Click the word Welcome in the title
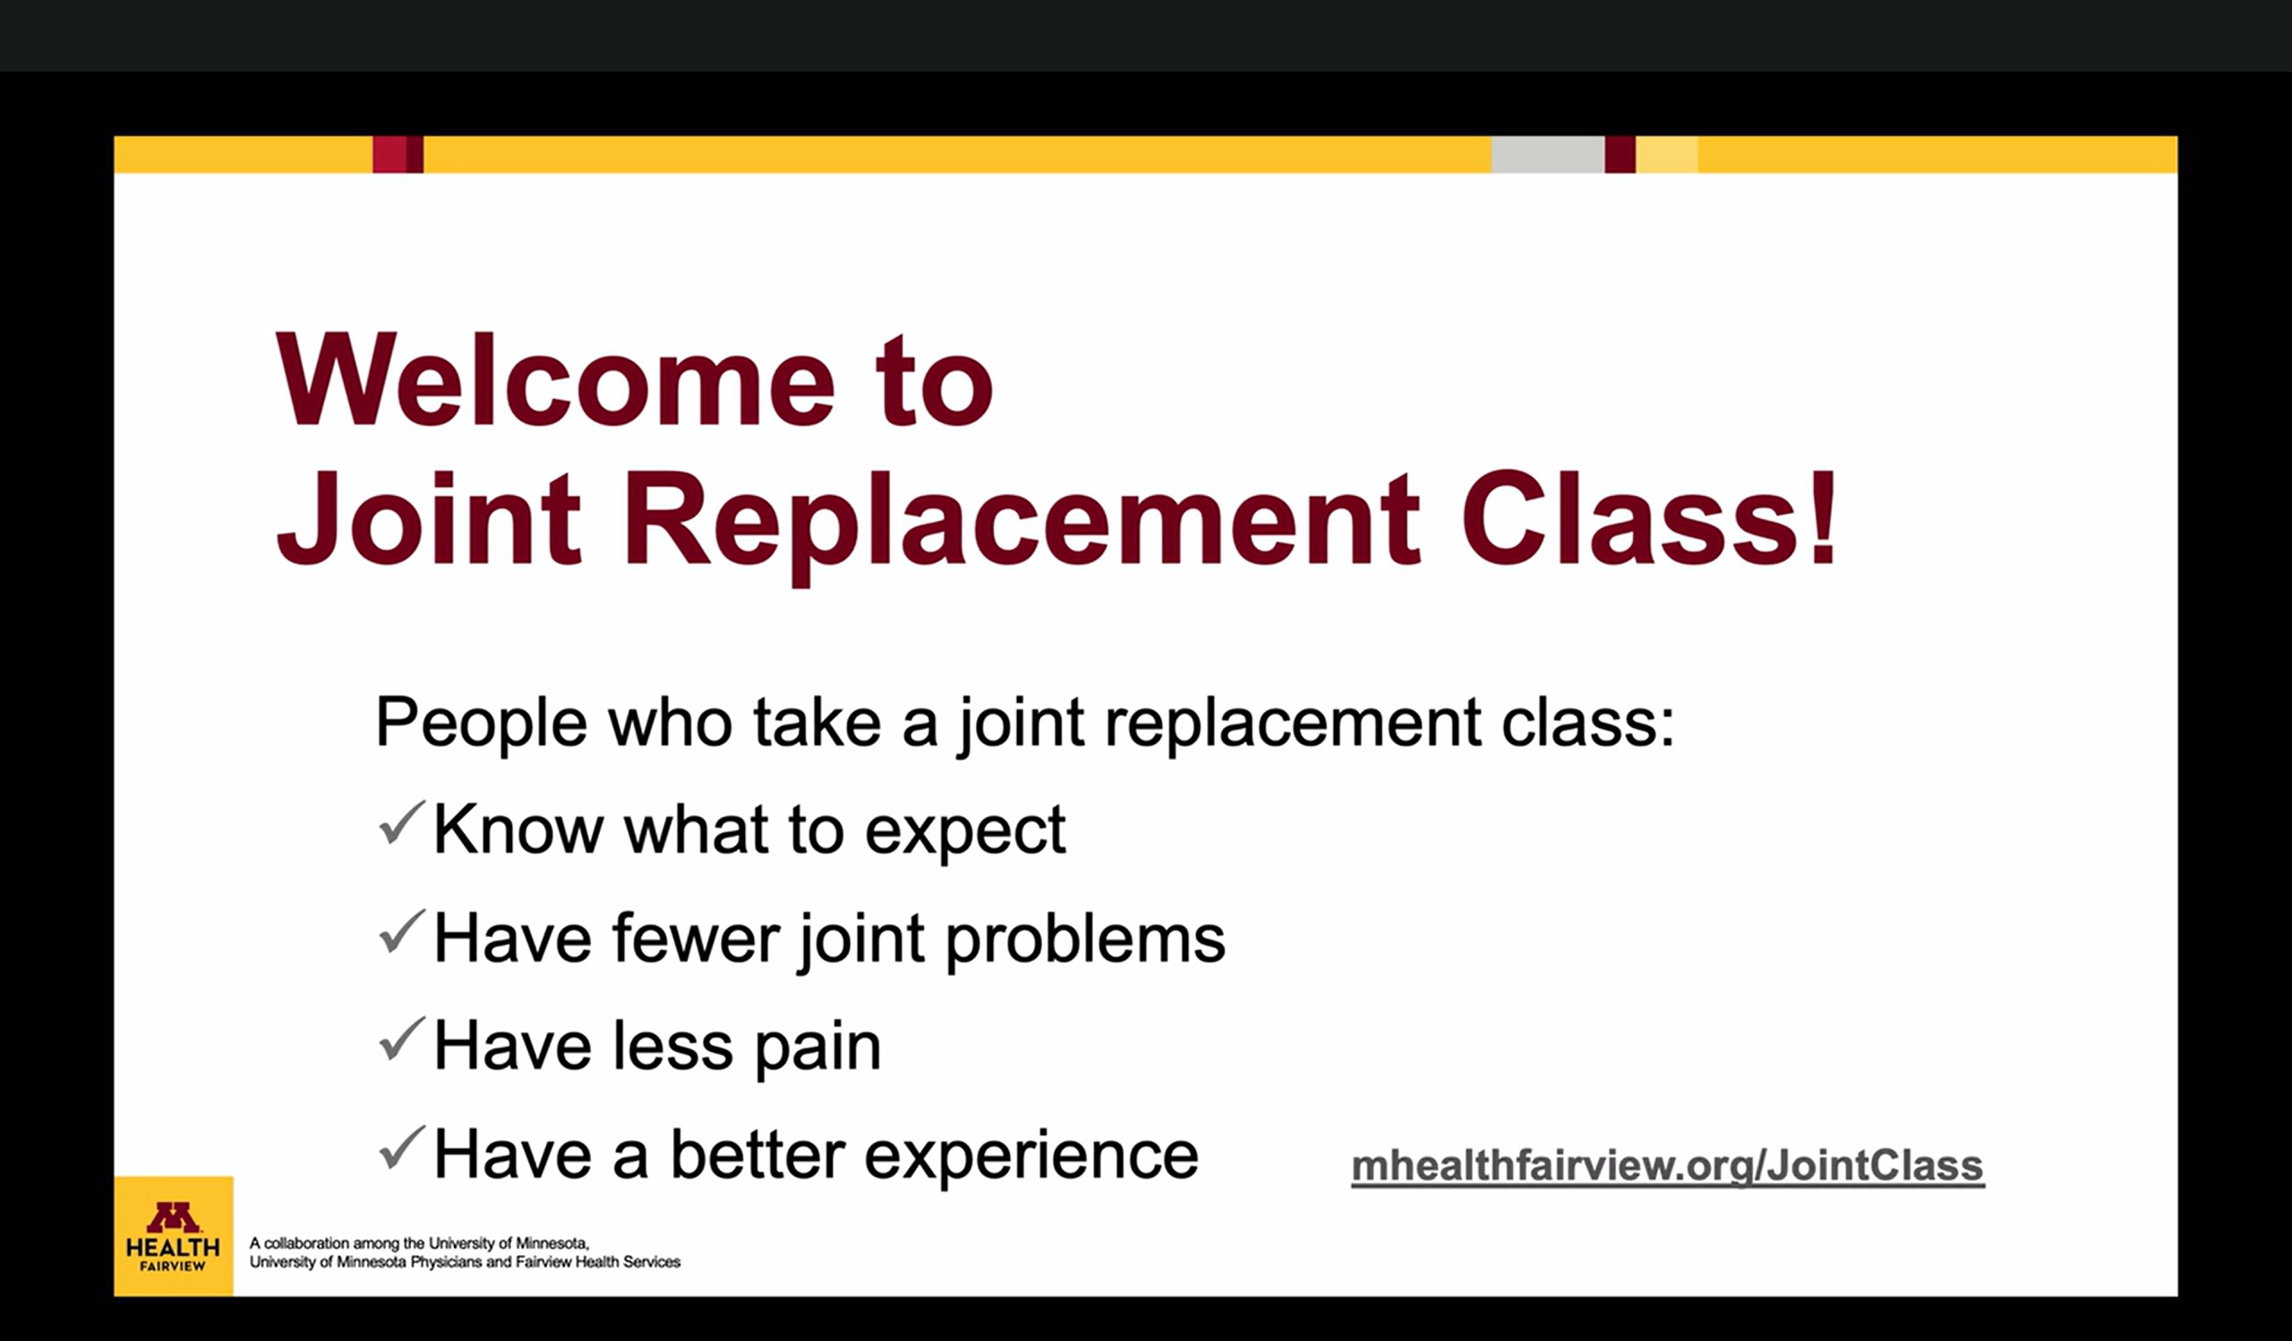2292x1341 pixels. [x=555, y=380]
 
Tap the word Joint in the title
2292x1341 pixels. [x=428, y=519]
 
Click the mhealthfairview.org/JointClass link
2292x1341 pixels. [x=1667, y=1166]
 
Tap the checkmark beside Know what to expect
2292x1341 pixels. [x=401, y=824]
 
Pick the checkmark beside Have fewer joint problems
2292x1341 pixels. [x=401, y=932]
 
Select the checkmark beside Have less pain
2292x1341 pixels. [x=401, y=1039]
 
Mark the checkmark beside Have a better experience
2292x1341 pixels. [x=401, y=1148]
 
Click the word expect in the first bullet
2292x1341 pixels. [x=965, y=832]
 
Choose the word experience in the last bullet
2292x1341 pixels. [x=1031, y=1157]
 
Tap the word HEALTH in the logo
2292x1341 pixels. [x=173, y=1247]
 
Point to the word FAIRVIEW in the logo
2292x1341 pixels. [x=173, y=1266]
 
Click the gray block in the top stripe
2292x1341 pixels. [x=1547, y=155]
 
